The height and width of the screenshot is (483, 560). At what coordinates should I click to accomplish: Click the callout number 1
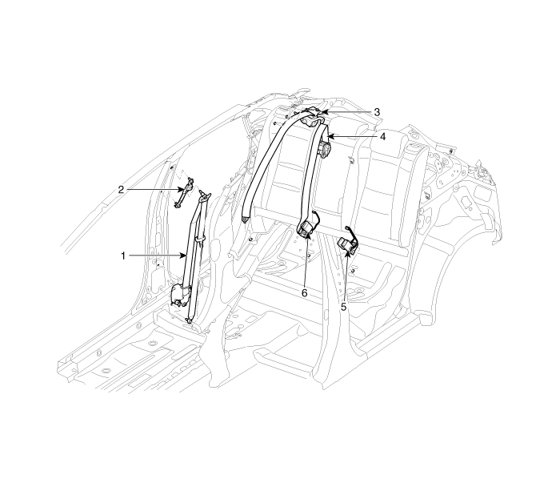tap(123, 256)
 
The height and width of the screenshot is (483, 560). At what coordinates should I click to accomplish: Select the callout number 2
tap(121, 190)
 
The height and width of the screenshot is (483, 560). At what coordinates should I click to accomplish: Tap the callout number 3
tap(377, 112)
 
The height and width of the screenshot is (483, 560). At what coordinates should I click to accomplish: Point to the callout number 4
tap(383, 137)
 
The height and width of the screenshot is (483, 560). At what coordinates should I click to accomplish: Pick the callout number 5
tap(343, 307)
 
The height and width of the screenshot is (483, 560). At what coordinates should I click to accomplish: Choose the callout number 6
tap(304, 293)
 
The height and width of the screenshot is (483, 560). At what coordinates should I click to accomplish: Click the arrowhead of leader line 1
tap(183, 256)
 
